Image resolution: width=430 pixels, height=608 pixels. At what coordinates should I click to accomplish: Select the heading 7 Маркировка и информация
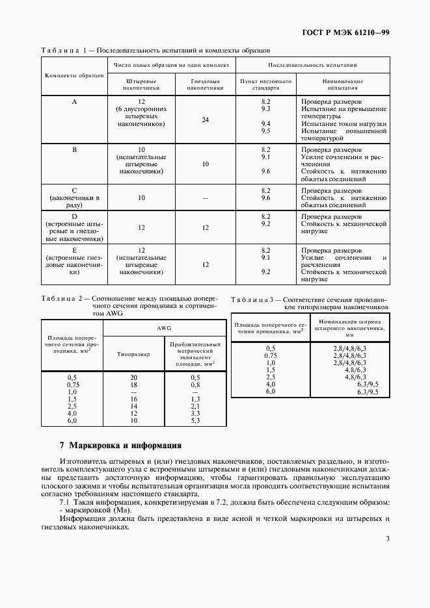click(120, 446)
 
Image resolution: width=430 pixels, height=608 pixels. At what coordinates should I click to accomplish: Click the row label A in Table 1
click(74, 102)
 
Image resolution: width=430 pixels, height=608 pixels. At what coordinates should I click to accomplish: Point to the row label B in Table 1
click(74, 149)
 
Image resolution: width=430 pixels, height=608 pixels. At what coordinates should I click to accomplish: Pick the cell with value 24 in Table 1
click(206, 120)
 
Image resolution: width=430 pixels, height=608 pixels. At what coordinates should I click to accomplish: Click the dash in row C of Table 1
click(206, 198)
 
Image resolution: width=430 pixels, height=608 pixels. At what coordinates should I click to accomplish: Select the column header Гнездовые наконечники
click(206, 84)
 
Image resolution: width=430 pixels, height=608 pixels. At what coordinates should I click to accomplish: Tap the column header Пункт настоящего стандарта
click(265, 84)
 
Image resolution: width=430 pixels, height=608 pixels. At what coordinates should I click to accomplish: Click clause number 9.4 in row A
click(265, 123)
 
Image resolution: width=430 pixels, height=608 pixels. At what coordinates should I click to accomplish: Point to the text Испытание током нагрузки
click(343, 123)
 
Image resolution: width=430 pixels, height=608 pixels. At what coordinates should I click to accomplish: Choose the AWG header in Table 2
click(164, 329)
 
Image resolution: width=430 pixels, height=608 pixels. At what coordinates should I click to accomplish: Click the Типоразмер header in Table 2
click(133, 355)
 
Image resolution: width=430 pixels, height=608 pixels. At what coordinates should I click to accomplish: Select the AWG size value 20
click(133, 377)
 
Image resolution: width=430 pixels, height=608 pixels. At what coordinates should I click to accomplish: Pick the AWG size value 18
click(133, 385)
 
